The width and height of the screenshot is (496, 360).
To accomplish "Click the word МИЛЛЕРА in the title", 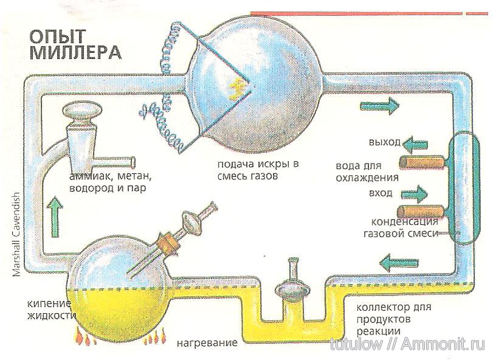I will [x=75, y=52].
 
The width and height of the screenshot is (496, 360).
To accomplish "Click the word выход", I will [x=385, y=143].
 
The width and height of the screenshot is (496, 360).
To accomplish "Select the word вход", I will [x=381, y=193].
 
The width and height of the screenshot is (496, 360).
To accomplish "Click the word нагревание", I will [x=207, y=343].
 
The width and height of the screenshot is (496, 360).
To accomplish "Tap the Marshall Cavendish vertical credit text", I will [x=16, y=235].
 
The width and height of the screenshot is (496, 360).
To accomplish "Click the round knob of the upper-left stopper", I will [x=84, y=113].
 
